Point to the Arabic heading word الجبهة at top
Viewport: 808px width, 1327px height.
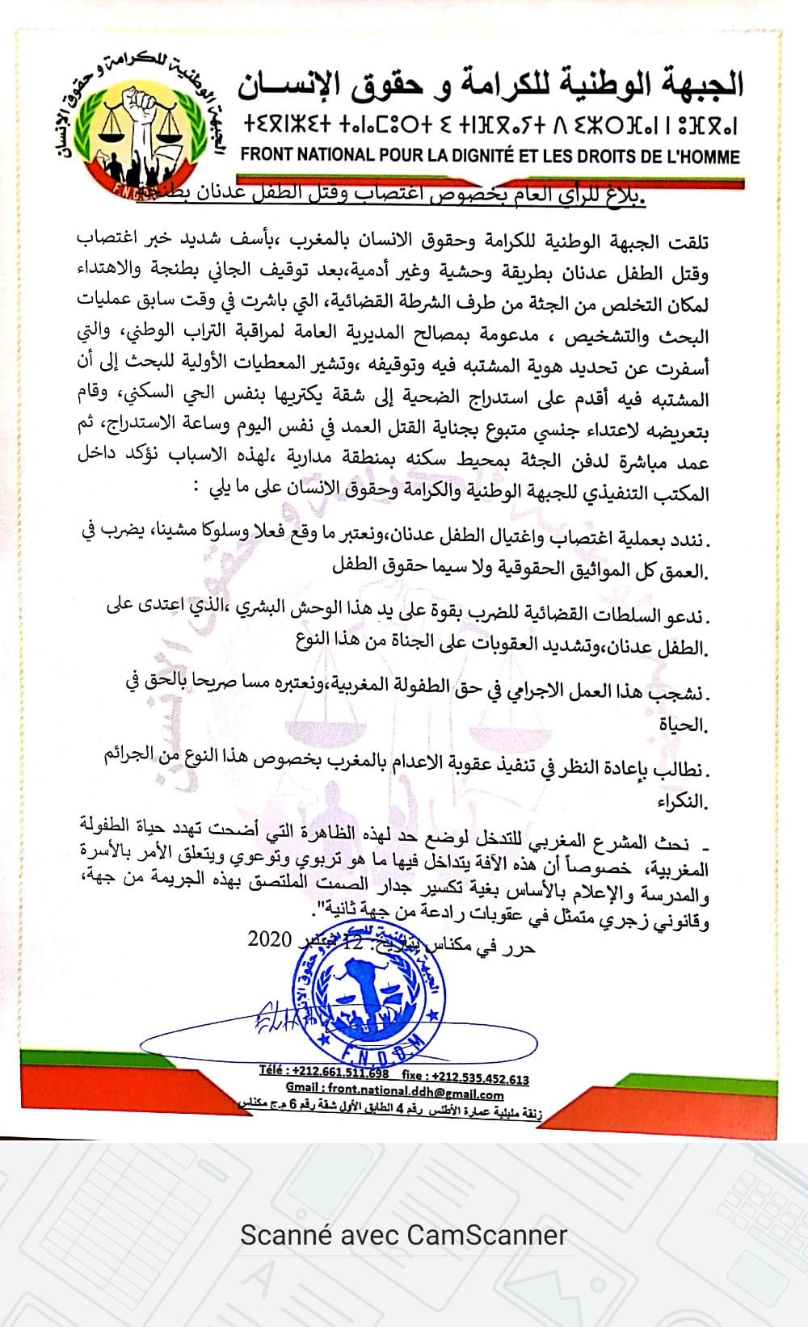pyautogui.click(x=696, y=83)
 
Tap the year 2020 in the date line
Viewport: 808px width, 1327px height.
pyautogui.click(x=269, y=939)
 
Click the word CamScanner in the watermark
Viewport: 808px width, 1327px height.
pyautogui.click(x=486, y=1235)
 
